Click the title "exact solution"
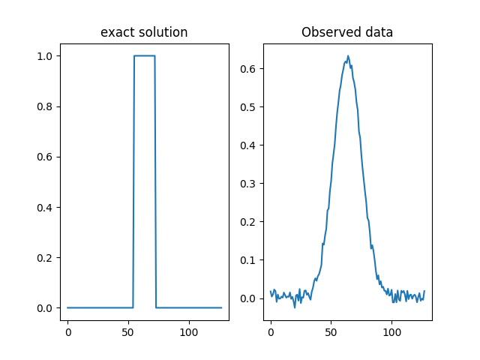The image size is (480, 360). tap(144, 33)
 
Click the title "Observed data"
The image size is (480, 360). tap(347, 33)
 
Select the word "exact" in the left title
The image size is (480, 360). tap(114, 33)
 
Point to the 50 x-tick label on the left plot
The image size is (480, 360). tap(128, 332)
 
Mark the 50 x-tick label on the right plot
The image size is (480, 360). tap(331, 332)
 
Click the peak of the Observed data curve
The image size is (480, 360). tap(348, 55)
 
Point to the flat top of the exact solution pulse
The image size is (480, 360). tap(144, 55)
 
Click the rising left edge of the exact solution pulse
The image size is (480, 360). tap(133, 180)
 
